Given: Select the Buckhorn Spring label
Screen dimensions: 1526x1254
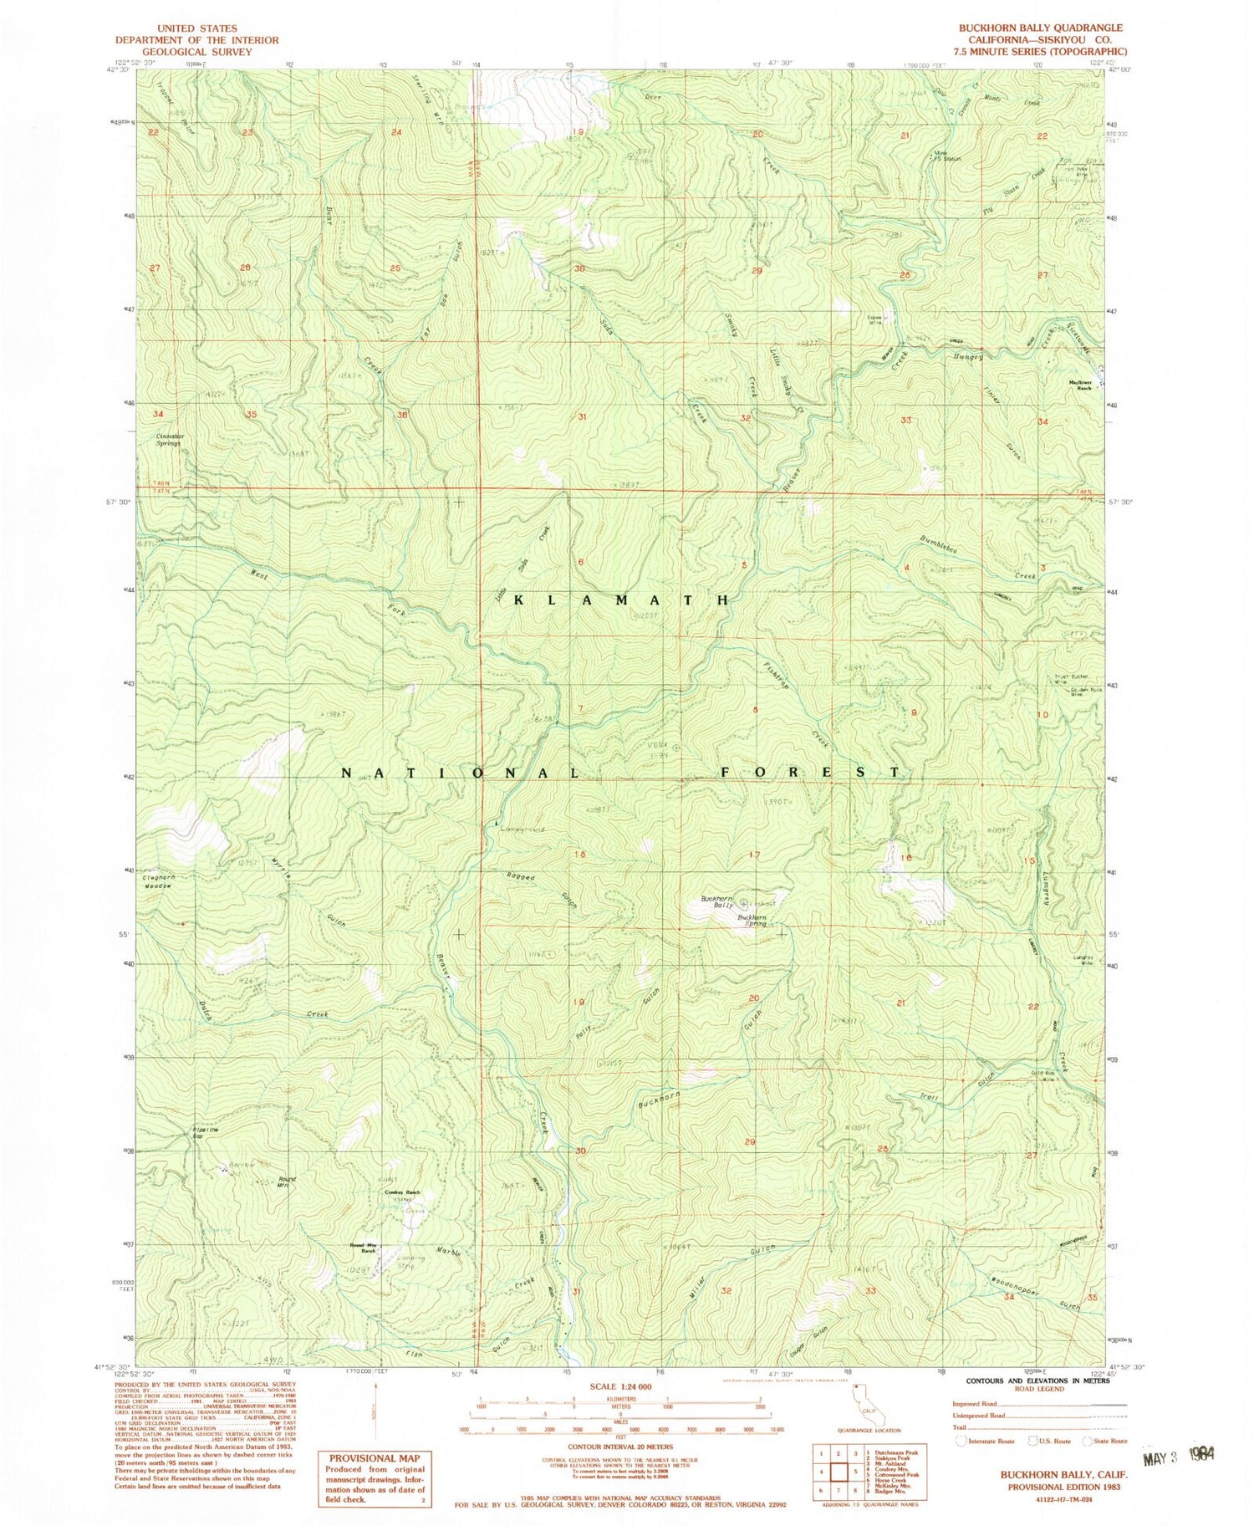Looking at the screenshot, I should click(752, 920).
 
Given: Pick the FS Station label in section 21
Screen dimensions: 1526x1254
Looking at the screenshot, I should click(950, 158).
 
